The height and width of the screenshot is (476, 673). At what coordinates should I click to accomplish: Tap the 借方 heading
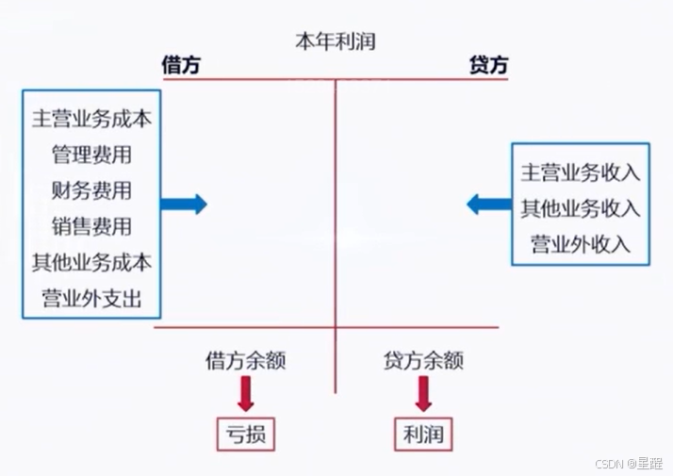coord(181,65)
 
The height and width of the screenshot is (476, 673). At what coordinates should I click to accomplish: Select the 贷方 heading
coord(488,65)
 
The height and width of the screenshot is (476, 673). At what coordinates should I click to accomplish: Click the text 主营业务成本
coord(92,120)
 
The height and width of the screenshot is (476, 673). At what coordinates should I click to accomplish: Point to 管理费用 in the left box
coord(92,156)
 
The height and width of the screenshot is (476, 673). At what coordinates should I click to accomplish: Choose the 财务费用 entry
coord(92,191)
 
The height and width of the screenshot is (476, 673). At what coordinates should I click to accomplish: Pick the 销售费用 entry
coord(92,226)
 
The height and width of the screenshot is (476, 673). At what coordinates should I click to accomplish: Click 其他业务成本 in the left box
coord(92,262)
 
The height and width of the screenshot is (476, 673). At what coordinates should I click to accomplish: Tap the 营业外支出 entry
coord(92,299)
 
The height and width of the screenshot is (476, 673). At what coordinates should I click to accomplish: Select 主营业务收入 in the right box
coord(581,172)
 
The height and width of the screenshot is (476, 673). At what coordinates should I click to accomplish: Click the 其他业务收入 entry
coord(581,208)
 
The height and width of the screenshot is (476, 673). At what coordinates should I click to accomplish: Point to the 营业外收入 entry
coord(581,244)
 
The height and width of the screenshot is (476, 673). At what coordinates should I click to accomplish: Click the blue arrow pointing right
coord(184,204)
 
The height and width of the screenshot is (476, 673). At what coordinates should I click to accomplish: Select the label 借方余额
coord(246,360)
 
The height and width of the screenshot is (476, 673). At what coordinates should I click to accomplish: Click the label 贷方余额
coord(423,360)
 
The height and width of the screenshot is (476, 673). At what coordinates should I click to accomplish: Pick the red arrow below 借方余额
coord(246,393)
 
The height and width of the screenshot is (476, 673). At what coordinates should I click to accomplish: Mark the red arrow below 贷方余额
coord(423,393)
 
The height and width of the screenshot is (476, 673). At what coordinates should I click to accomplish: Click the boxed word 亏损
coord(246,435)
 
